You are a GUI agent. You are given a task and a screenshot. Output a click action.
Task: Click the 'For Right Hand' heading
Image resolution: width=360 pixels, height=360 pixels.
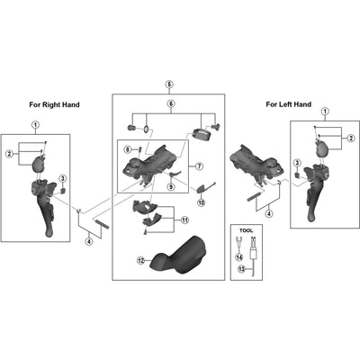click(x=54, y=104)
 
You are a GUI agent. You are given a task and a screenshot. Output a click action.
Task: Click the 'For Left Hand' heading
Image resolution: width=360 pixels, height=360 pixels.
click(x=289, y=104)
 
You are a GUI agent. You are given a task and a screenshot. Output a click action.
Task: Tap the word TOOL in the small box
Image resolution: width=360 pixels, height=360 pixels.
click(x=247, y=230)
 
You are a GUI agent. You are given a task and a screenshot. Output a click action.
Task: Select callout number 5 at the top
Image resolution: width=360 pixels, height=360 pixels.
click(x=169, y=85)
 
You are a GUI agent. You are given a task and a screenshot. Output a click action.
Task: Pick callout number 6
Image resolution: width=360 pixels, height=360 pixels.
click(x=171, y=103)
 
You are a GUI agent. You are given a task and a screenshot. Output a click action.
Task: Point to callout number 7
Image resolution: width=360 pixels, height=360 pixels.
click(x=199, y=166)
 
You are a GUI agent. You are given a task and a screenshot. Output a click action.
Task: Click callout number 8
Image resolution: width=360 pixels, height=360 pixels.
click(x=128, y=148)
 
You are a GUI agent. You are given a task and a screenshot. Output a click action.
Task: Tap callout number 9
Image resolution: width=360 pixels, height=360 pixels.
click(x=171, y=186)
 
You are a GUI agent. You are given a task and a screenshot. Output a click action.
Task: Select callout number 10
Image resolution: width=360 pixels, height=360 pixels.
click(x=201, y=202)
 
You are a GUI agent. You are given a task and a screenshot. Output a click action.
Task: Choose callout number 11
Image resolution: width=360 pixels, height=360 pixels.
click(x=184, y=220)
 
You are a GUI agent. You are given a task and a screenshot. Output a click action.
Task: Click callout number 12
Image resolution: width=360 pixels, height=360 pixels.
click(x=140, y=261)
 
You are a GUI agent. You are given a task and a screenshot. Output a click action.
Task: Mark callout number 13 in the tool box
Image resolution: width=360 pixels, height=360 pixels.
click(x=241, y=269)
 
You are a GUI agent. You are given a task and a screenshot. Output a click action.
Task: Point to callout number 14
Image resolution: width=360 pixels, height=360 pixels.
click(x=238, y=257)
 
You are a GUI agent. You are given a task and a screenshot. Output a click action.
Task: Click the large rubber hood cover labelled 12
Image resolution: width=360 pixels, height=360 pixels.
click(x=178, y=256)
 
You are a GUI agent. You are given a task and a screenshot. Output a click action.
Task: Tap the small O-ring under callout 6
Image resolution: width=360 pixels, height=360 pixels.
click(x=146, y=129)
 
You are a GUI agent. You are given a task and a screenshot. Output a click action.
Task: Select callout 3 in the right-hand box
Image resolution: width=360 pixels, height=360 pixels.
click(x=63, y=178)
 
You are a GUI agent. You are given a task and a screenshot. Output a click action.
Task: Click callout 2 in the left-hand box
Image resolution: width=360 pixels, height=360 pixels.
click(x=350, y=138)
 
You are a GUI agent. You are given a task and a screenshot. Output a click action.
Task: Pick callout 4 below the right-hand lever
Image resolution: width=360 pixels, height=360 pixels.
click(x=89, y=241)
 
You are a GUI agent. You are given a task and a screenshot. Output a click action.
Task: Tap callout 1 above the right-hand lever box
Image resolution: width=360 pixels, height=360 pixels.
click(x=36, y=124)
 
